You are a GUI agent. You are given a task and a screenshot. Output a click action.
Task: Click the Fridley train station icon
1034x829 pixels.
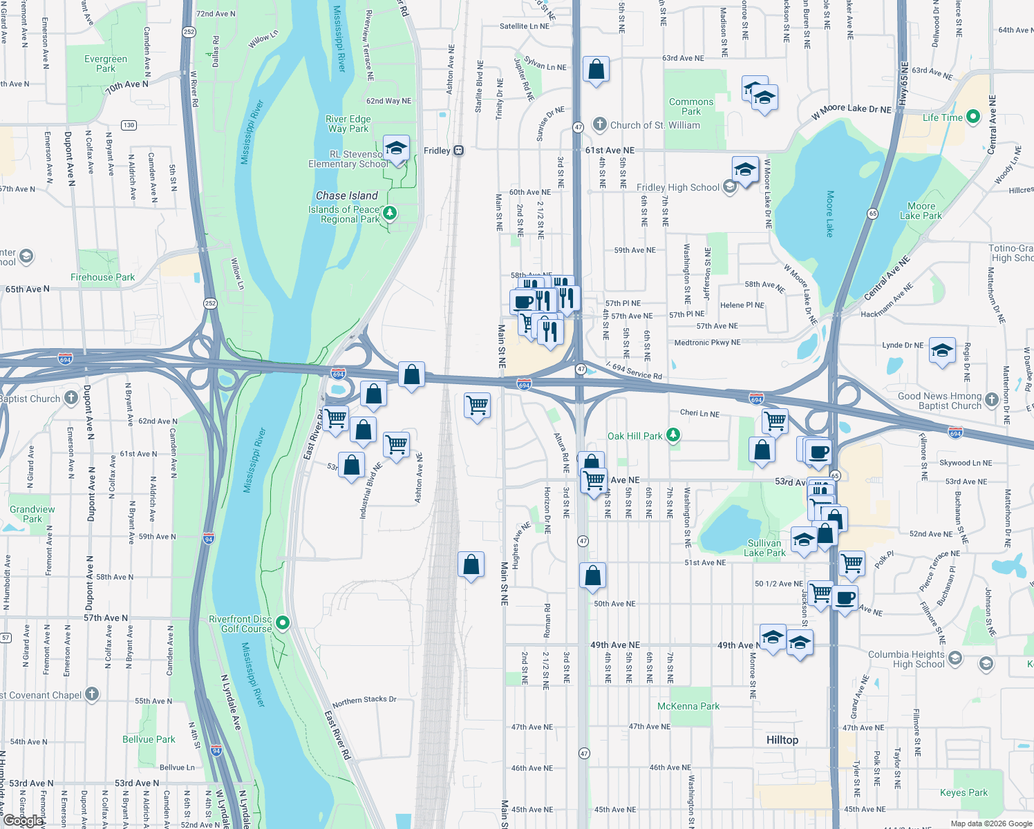(458, 151)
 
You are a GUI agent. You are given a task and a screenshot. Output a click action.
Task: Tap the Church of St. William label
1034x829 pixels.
(655, 125)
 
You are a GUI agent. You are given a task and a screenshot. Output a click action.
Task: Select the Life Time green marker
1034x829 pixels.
(973, 117)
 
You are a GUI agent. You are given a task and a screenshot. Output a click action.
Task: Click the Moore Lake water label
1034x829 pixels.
(830, 213)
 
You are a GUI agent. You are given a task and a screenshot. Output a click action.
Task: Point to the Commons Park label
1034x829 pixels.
(690, 106)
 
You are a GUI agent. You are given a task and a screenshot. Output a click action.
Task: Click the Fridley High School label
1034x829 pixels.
(677, 187)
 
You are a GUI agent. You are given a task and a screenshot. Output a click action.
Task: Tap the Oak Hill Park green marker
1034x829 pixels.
(674, 435)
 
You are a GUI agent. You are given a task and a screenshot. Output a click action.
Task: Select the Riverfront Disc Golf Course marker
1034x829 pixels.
(283, 623)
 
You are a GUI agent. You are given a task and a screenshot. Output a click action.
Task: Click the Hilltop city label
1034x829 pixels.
(782, 740)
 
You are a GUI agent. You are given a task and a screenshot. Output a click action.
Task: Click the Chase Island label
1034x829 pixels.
(346, 196)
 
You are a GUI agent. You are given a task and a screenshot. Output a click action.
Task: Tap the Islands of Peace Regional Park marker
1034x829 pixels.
(390, 213)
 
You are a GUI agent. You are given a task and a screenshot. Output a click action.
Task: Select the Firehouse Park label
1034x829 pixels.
(102, 277)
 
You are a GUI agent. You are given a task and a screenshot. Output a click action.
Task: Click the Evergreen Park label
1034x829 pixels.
(106, 64)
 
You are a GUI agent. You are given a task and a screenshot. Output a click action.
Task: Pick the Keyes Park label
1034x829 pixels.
(963, 792)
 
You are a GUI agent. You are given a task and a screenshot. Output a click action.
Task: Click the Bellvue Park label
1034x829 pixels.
(149, 739)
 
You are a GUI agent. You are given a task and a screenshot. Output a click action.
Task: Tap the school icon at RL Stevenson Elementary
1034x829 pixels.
(396, 149)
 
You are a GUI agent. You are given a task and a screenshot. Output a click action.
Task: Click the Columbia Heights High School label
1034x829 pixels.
(905, 659)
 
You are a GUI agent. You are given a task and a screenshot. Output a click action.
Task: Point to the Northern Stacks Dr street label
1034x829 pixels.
(364, 701)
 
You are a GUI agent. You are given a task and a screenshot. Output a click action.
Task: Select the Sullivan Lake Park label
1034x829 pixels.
(766, 548)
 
